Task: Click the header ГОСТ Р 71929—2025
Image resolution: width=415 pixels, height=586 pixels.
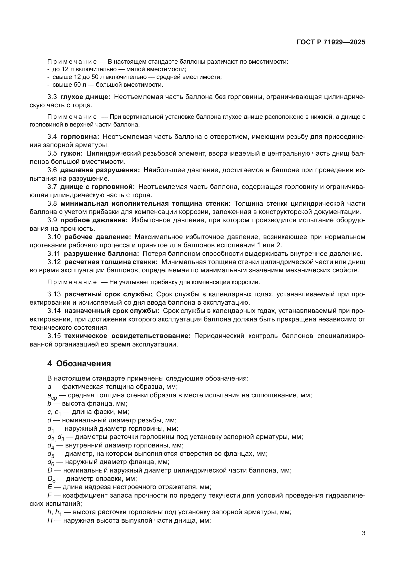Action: (331, 42)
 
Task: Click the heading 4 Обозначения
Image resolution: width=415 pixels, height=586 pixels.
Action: (79, 364)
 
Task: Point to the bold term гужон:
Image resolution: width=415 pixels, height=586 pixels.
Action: (72, 153)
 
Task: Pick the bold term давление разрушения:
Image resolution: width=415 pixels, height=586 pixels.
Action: (100, 170)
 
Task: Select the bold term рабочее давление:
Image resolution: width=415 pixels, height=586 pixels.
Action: (98, 237)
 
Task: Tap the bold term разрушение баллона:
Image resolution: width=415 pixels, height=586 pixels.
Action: (101, 254)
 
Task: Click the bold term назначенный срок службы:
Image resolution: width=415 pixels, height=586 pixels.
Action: (112, 311)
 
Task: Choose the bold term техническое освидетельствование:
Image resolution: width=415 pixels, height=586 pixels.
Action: (127, 336)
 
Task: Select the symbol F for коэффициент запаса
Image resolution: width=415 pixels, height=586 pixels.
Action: (49, 495)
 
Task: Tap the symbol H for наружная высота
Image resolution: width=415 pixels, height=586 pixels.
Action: (50, 520)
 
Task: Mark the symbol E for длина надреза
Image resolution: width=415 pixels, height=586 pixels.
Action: (50, 487)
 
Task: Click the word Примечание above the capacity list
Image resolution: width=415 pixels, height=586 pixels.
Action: (72, 62)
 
